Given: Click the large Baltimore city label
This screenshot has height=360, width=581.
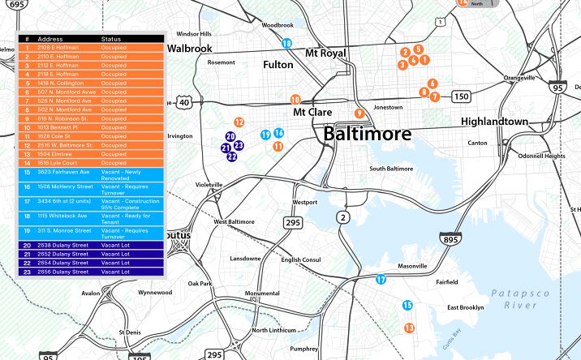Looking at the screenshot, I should tap(367, 134).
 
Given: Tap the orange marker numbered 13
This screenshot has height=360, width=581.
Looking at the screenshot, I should tap(410, 328).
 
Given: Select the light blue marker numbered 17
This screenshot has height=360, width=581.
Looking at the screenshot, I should tap(381, 280).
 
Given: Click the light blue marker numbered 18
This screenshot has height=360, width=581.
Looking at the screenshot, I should tap(286, 43).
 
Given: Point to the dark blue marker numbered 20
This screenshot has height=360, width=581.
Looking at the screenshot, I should tap(230, 137).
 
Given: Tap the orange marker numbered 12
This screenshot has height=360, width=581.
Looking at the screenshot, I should tap(239, 122).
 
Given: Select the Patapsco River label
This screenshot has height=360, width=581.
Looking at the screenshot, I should tap(520, 298).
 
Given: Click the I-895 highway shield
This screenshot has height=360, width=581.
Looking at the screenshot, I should tap(450, 239).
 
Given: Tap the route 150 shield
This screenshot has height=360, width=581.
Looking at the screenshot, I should tap(461, 97).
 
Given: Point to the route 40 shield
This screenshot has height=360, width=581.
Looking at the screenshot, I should tap(185, 102).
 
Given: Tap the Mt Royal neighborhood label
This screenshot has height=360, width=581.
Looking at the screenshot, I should tap(325, 54).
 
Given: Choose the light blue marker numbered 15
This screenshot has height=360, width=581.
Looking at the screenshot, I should tap(408, 305).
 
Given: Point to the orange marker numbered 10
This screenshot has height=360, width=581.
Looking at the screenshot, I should tap(295, 100).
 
